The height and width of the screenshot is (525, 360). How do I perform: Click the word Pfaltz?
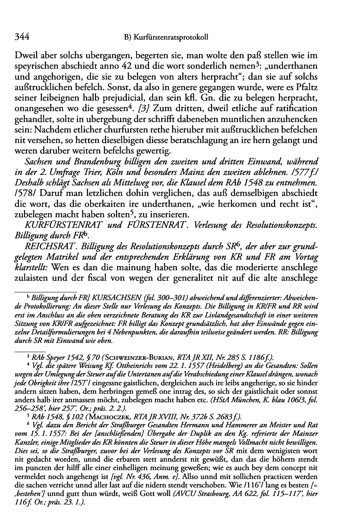click(330, 87)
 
